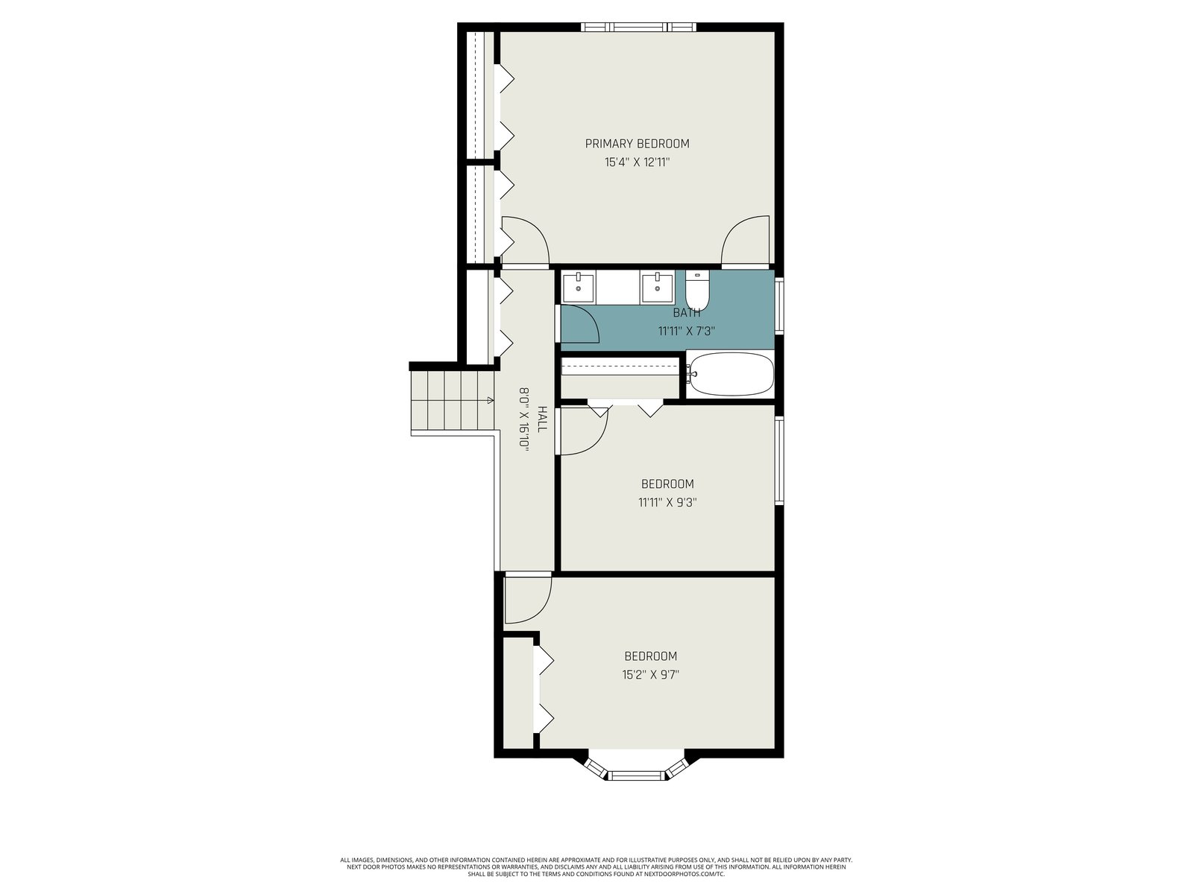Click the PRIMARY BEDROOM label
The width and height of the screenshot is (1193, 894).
click(637, 144)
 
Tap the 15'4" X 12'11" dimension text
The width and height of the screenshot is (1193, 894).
click(637, 162)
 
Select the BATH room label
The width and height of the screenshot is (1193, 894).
click(687, 313)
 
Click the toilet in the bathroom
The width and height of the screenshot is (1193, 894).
click(696, 290)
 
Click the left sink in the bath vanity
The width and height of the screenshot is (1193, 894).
click(579, 287)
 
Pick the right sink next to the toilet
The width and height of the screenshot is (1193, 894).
click(657, 287)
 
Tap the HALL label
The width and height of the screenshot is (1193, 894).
click(542, 419)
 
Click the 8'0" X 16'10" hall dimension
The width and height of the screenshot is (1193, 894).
click(524, 417)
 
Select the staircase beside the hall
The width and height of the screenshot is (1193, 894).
click(452, 400)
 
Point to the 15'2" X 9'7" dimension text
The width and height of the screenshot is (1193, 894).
click(651, 675)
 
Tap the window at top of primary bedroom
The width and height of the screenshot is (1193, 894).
click(638, 27)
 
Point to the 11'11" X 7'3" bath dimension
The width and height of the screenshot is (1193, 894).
click(687, 331)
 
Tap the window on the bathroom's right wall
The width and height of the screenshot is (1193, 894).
click(779, 305)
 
